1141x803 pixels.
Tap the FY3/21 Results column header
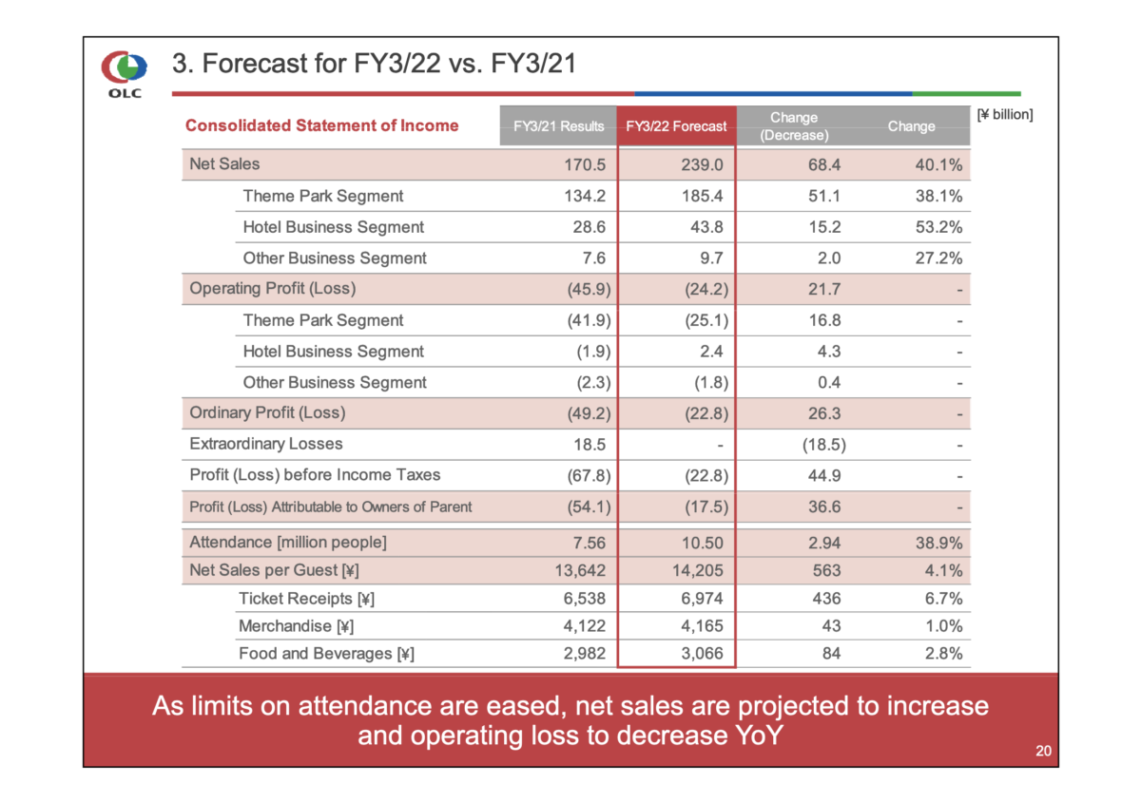pyautogui.click(x=558, y=126)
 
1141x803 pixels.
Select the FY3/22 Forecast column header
pyautogui.click(x=676, y=126)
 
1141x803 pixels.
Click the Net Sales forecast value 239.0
pyautogui.click(x=704, y=164)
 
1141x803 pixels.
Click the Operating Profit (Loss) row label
pyautogui.click(x=273, y=289)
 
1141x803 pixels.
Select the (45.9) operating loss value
pyautogui.click(x=587, y=289)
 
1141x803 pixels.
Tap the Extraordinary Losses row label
pyautogui.click(x=266, y=444)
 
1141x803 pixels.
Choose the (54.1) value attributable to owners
pyautogui.click(x=587, y=507)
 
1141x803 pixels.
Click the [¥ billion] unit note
pyautogui.click(x=1005, y=115)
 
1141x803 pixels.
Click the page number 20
pyautogui.click(x=1043, y=752)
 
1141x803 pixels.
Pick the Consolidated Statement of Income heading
pyautogui.click(x=321, y=125)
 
